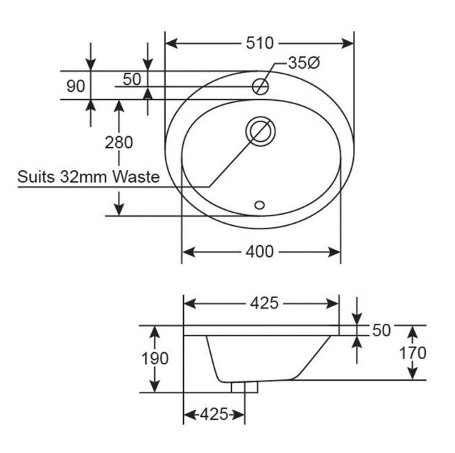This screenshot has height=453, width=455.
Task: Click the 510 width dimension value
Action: tap(259, 43)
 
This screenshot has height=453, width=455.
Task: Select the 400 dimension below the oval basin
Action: tap(259, 252)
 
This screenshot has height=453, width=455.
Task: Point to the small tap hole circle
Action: tap(260, 87)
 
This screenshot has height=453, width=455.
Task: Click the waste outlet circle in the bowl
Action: tap(260, 131)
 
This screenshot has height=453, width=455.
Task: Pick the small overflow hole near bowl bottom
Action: tap(260, 205)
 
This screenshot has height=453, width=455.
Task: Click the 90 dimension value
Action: tap(76, 87)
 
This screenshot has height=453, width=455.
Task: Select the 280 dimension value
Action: tap(119, 143)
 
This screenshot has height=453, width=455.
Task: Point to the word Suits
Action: tap(35, 176)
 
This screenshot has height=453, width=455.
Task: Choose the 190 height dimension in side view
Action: tap(155, 359)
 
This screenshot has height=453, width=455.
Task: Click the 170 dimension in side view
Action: tap(413, 353)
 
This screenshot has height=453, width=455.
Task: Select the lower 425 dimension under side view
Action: tap(214, 415)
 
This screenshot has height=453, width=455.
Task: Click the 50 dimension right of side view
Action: tap(381, 331)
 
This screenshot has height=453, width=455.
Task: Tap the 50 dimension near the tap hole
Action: tap(132, 79)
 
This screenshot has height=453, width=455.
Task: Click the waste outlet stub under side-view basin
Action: tap(243, 386)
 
